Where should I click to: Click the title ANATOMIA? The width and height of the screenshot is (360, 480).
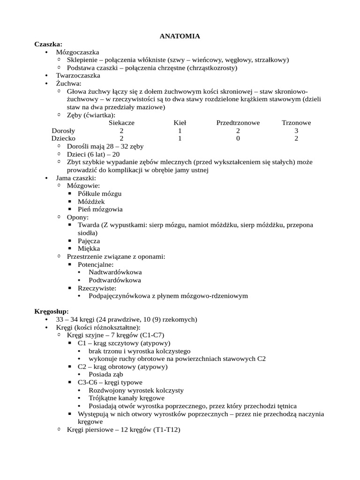(180, 36)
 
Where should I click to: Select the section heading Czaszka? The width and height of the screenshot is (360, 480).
(48, 44)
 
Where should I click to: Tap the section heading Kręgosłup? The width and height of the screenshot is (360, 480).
(52, 311)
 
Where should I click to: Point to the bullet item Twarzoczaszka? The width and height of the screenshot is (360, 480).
(78, 75)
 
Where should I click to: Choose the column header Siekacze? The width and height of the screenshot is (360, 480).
(121, 123)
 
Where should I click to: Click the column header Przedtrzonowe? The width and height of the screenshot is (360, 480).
(238, 123)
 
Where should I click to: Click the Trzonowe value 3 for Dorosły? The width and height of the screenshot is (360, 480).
(296, 131)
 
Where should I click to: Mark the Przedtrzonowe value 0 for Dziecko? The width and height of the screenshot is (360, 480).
(238, 139)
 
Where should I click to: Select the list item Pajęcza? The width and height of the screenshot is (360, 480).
(89, 241)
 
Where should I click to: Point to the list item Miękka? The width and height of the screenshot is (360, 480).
(89, 249)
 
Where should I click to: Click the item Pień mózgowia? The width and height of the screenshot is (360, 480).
(100, 210)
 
